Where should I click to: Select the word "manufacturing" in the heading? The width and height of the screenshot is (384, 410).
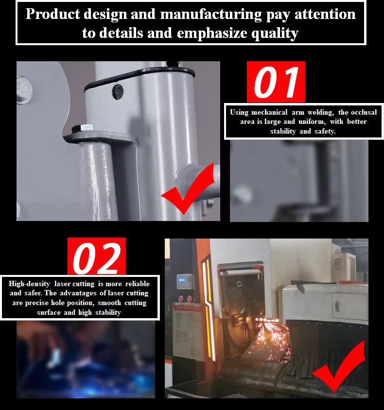211,14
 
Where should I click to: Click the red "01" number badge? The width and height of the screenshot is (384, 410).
276,82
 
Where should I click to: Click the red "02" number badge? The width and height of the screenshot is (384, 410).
97,256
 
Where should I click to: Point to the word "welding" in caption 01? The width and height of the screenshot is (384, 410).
321,112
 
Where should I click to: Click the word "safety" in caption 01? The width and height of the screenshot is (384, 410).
325,131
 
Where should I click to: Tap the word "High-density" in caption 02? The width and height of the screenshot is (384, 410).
29,284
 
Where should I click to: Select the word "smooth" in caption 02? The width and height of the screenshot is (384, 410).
109,303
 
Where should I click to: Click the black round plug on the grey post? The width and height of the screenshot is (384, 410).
118,92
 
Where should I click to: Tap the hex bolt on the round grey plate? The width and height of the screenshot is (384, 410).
24,90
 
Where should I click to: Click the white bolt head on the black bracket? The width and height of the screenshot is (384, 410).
87,128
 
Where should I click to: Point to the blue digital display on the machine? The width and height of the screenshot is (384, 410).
181,280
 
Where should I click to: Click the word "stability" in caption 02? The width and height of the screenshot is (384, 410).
108,312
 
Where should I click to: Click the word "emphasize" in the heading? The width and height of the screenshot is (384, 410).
212,34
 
